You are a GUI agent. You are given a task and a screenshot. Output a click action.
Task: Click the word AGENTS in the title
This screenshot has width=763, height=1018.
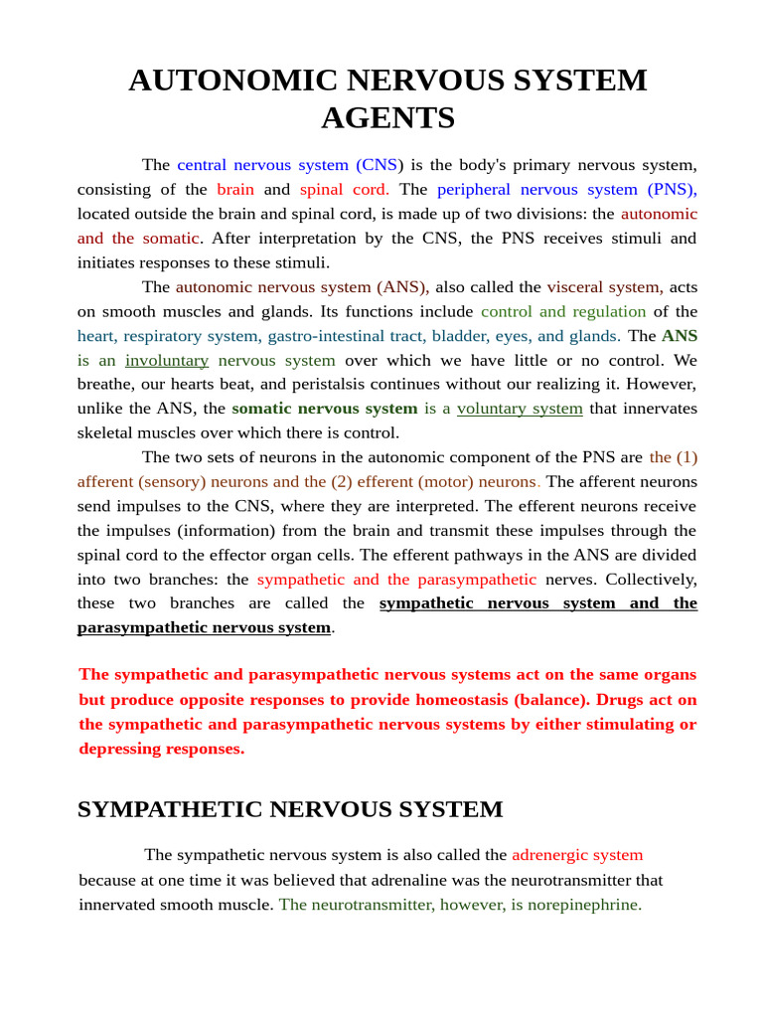pyautogui.click(x=387, y=118)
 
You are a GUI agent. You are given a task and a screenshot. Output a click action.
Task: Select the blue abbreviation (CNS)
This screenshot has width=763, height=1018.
pyautogui.click(x=379, y=165)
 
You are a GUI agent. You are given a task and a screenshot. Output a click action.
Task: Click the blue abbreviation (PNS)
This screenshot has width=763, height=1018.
pyautogui.click(x=673, y=189)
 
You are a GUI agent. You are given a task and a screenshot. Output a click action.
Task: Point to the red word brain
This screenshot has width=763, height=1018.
pyautogui.click(x=235, y=189)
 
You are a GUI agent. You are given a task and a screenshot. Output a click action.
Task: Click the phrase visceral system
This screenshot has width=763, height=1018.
pyautogui.click(x=605, y=287)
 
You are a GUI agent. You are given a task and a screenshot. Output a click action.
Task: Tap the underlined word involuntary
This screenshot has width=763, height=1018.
pyautogui.click(x=167, y=360)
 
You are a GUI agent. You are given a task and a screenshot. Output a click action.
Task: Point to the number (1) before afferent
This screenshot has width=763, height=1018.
pyautogui.click(x=687, y=457)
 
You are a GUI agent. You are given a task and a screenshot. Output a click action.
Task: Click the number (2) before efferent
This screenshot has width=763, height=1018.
pyautogui.click(x=346, y=481)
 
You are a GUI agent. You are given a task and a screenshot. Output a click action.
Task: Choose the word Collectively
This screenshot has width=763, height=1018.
pyautogui.click(x=651, y=579)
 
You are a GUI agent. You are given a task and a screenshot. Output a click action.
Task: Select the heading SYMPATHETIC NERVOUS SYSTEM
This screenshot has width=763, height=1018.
pyautogui.click(x=290, y=809)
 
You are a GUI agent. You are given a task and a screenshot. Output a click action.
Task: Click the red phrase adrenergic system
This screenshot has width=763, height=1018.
pyautogui.click(x=577, y=855)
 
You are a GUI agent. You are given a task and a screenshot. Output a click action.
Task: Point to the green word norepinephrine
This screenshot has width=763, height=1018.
pyautogui.click(x=586, y=904)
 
